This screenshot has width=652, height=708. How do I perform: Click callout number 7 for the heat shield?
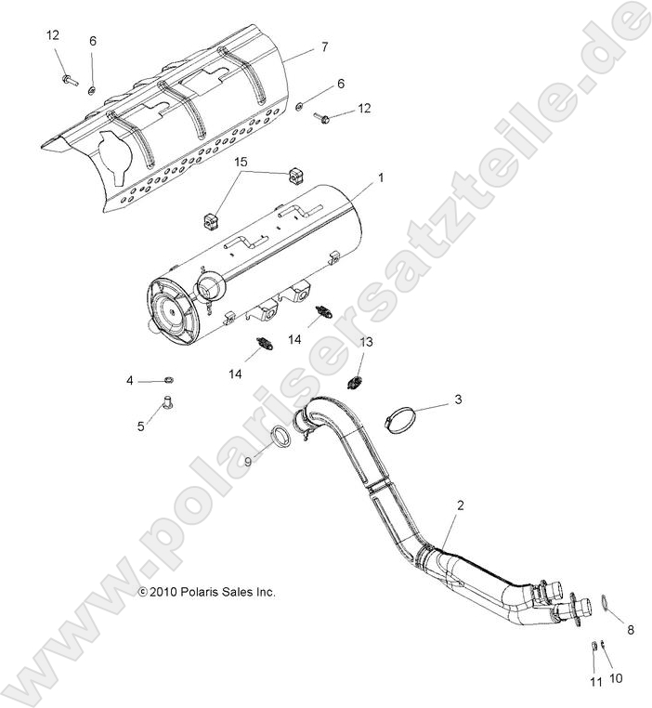coord(324,46)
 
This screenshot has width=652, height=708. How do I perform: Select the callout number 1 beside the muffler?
coord(380,175)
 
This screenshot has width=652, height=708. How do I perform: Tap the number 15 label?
coord(241,163)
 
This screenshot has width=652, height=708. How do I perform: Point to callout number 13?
coord(366,343)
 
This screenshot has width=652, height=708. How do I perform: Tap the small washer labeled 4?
coord(168,379)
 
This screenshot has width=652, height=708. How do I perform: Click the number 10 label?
coord(614,680)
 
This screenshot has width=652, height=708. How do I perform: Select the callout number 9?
coord(247,461)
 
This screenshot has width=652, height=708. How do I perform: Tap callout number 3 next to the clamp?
coord(457,400)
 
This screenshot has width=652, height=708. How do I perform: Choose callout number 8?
coord(630,630)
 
